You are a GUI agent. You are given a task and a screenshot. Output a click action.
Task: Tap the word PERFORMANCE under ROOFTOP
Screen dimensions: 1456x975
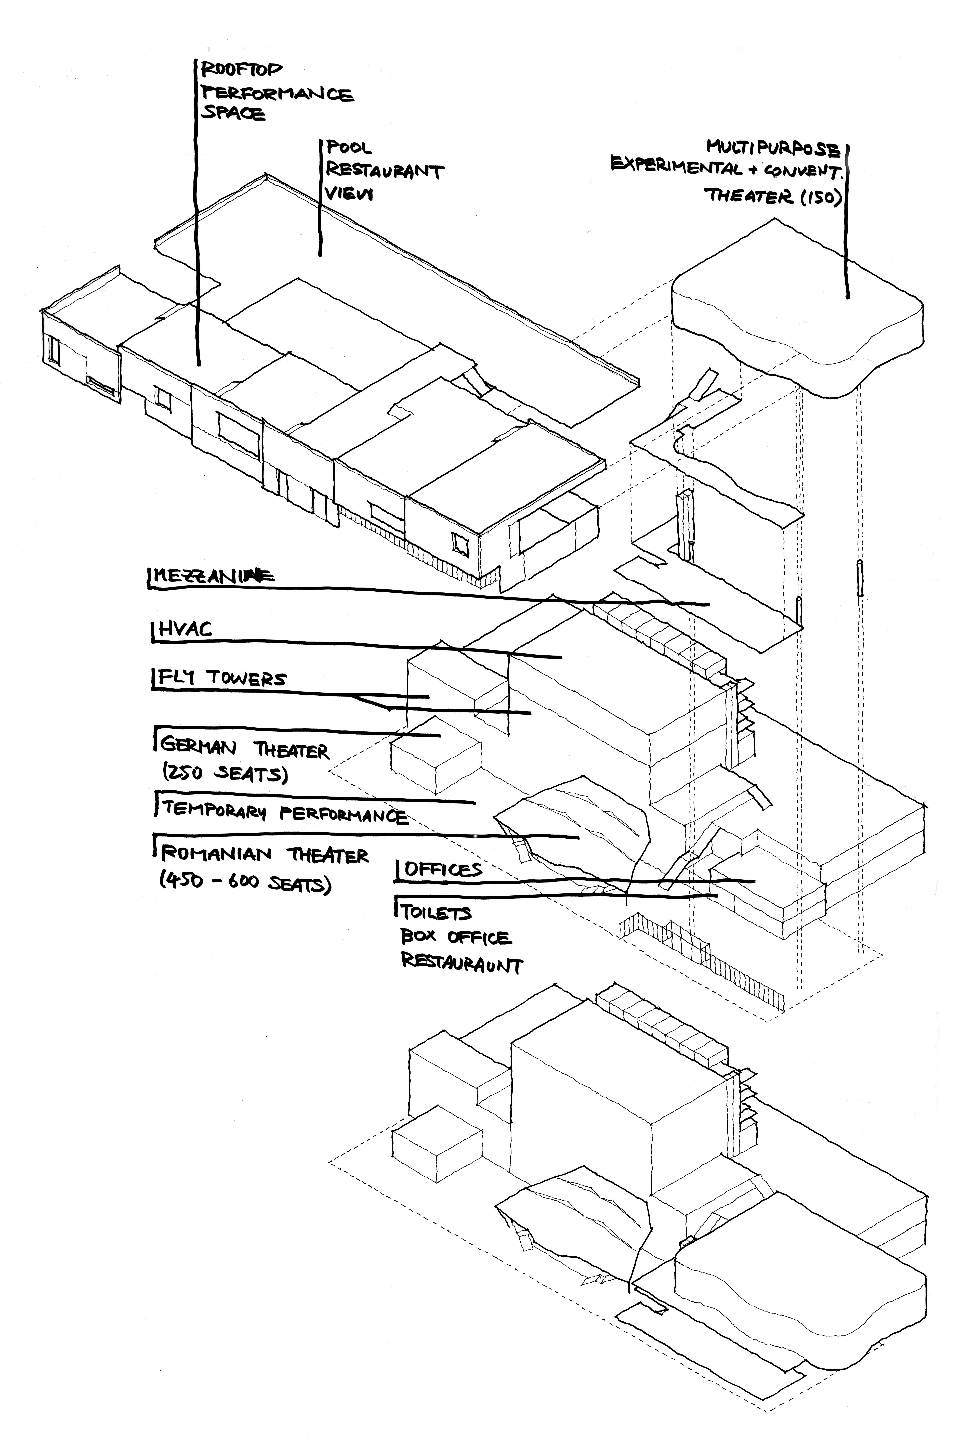point(277,93)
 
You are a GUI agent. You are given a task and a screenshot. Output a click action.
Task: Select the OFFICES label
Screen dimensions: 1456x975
point(443,869)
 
